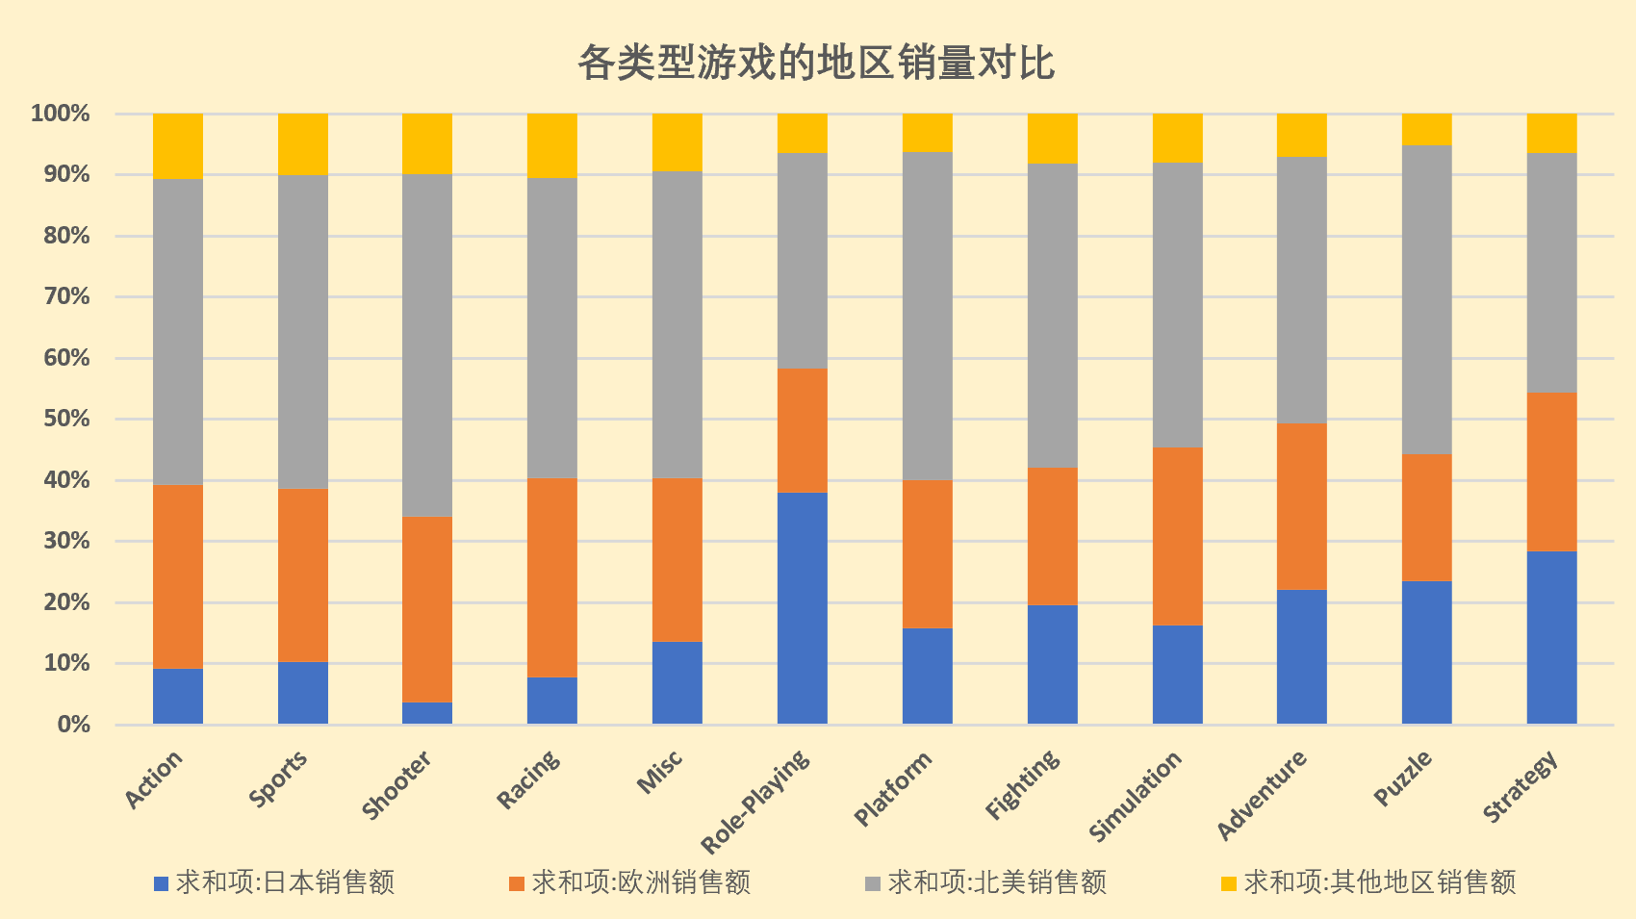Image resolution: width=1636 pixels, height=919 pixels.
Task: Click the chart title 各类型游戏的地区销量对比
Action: pos(816,64)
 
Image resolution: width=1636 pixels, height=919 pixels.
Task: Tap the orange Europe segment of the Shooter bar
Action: pos(427,609)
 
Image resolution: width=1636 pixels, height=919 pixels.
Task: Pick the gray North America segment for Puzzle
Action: pos(1426,299)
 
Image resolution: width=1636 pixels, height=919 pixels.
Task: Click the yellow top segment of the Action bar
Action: pos(178,145)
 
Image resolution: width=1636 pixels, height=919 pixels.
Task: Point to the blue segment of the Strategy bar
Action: pos(1551,637)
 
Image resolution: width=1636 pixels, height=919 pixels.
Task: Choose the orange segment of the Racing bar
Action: pos(552,577)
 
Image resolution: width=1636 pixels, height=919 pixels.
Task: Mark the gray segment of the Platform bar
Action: pos(927,316)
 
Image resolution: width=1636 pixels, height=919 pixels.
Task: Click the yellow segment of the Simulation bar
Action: pos(1177,138)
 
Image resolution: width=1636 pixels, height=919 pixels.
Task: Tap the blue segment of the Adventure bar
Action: pos(1301,656)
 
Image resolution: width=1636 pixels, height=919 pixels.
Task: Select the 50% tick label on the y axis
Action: pos(61,420)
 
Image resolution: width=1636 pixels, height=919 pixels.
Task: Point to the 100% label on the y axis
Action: pos(61,115)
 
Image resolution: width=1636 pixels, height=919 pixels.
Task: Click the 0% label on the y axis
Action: pos(73,725)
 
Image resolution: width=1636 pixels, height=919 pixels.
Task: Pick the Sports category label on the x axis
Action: pos(279,779)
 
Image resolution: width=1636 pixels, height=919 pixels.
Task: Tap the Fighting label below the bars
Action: pos(1023,784)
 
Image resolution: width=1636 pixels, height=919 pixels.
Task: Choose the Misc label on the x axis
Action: pos(661,772)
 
